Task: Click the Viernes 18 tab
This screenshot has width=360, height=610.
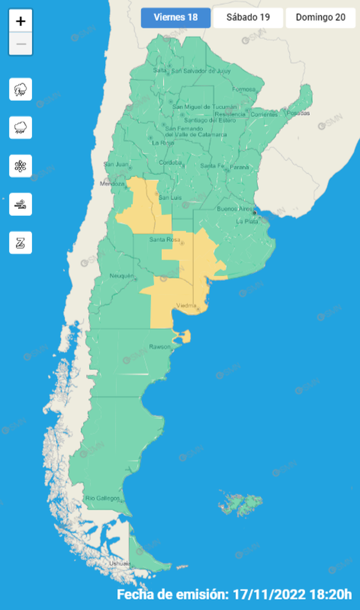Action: [x=175, y=18]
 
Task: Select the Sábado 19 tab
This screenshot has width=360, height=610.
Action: [x=248, y=18]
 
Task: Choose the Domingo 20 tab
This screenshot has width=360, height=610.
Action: [x=320, y=18]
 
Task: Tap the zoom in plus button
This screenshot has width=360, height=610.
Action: [x=21, y=22]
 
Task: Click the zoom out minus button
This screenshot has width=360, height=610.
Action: [x=21, y=44]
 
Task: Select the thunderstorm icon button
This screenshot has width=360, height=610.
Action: [x=21, y=90]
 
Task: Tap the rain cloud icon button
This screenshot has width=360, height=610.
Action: [x=21, y=127]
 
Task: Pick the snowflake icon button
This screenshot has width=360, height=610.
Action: [x=21, y=166]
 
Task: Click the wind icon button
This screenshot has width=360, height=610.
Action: [x=21, y=205]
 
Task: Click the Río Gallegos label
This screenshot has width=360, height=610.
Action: [x=103, y=499]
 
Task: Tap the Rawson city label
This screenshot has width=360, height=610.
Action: [x=159, y=346]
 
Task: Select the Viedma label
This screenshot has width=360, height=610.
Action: [x=187, y=306]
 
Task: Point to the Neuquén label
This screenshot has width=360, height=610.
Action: [x=123, y=276]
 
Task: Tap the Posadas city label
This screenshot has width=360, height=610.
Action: [x=298, y=113]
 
